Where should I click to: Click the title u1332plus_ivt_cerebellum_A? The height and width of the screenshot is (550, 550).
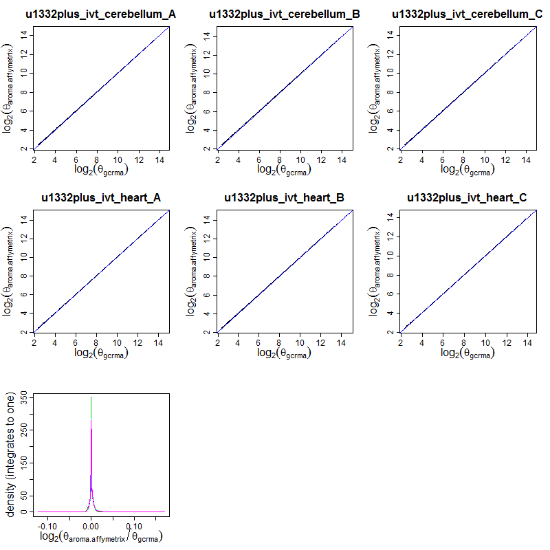(x=101, y=14)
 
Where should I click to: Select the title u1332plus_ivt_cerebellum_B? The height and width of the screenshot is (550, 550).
(x=285, y=14)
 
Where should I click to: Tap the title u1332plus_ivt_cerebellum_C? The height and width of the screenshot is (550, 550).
(x=467, y=14)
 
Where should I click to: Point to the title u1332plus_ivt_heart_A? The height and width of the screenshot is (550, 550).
(x=101, y=198)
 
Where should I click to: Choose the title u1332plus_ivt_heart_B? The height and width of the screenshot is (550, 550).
(x=285, y=198)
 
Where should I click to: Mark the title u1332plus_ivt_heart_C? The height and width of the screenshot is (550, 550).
(x=467, y=198)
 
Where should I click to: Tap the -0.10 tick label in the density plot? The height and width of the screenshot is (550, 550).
(x=47, y=525)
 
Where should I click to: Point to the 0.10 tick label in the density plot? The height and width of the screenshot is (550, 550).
(x=134, y=525)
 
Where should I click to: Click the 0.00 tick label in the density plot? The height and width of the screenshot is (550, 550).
(x=91, y=525)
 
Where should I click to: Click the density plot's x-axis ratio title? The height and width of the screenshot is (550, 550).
(x=101, y=537)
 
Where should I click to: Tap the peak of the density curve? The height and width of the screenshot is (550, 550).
(x=91, y=398)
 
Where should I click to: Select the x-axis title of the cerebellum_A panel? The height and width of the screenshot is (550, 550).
(x=101, y=169)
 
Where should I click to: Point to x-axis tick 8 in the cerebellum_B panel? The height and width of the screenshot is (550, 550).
(x=280, y=158)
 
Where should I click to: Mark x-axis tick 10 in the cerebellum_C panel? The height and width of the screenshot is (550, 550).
(x=485, y=158)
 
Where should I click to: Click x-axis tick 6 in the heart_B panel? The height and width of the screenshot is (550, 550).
(x=259, y=342)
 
